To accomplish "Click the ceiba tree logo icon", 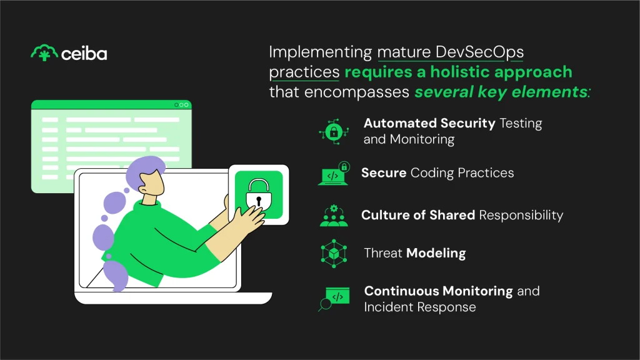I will point(44,53).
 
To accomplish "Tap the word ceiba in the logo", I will point(84,54).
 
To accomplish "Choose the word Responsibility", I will point(521,216).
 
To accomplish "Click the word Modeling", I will point(436,253).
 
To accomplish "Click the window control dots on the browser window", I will point(182,105).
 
